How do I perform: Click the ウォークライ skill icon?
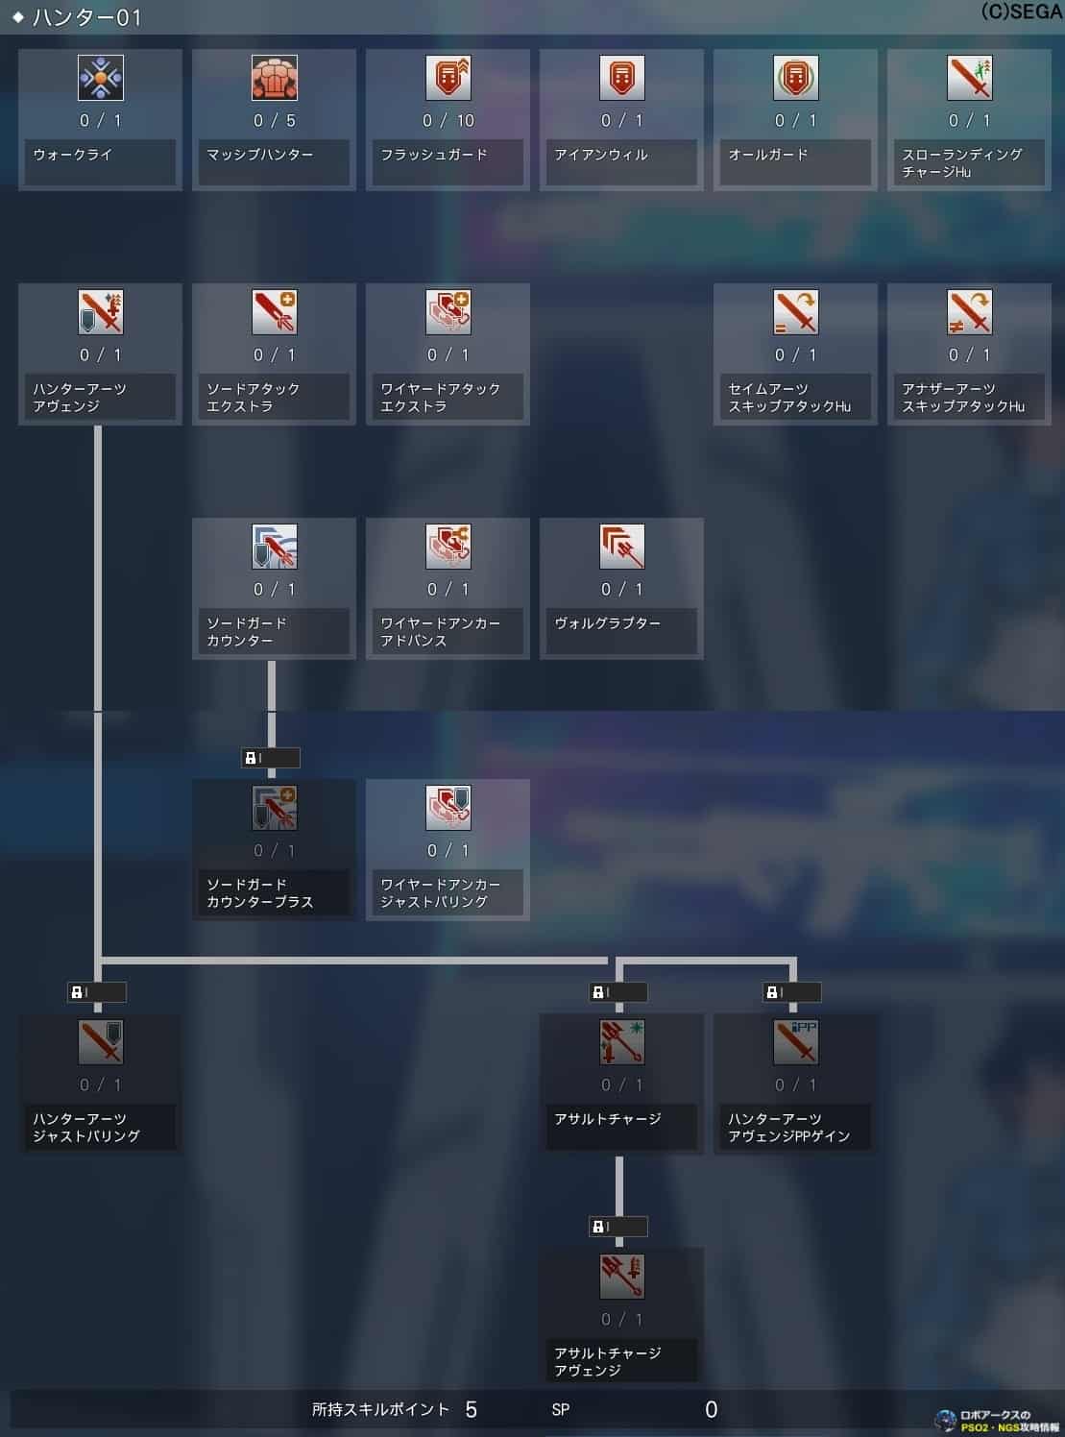[101, 78]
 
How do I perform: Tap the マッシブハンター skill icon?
[275, 78]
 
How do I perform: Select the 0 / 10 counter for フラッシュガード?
[448, 121]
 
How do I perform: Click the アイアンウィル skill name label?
[601, 155]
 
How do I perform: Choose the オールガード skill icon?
[796, 78]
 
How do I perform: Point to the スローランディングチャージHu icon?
[970, 78]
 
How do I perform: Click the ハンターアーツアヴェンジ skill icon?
[101, 312]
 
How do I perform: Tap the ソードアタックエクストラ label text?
[254, 398]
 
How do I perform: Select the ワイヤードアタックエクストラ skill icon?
[448, 312]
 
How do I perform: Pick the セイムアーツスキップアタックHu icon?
[796, 312]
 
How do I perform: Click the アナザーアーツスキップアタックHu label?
[963, 398]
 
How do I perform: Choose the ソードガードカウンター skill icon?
[275, 547]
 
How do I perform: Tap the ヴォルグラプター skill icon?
[622, 547]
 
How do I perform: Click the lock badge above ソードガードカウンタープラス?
[270, 758]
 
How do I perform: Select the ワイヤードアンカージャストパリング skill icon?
[448, 808]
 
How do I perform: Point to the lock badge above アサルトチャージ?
[617, 992]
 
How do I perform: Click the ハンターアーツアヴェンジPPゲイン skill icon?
[796, 1042]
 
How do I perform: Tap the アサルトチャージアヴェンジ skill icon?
[622, 1277]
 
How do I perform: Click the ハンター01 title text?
[86, 17]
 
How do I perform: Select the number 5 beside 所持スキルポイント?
[471, 1409]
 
